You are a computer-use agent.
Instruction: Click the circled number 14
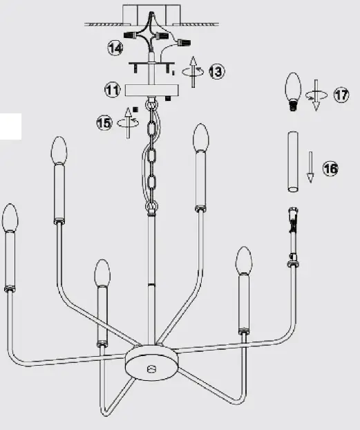115,48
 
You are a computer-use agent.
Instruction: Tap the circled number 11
113,89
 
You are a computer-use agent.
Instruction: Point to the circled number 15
105,122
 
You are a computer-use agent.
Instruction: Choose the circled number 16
331,169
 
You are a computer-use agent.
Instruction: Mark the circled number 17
341,95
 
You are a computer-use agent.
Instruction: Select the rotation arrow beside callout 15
129,120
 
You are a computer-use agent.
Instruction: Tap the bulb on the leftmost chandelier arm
10,218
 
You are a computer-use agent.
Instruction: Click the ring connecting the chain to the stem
151,207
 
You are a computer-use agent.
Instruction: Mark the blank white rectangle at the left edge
10,125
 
